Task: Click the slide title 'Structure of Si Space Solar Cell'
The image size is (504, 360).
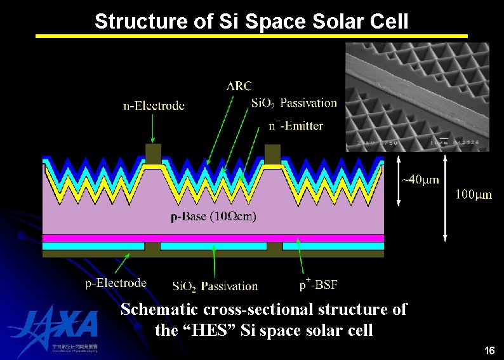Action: click(x=251, y=21)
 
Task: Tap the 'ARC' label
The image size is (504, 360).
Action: click(x=239, y=86)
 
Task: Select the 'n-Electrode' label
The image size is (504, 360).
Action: click(x=154, y=106)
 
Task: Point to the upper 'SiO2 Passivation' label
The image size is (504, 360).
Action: click(x=294, y=103)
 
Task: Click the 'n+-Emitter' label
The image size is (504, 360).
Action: click(x=296, y=126)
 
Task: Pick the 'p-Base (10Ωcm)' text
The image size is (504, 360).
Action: click(x=214, y=218)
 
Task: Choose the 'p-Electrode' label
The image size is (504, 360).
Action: click(x=116, y=283)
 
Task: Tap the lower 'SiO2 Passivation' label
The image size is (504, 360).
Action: click(x=215, y=286)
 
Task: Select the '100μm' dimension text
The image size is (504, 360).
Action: click(x=474, y=194)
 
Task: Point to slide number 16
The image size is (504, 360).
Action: click(x=489, y=350)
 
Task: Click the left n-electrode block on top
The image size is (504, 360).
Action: click(x=154, y=152)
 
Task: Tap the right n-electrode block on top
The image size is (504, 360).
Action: click(x=272, y=153)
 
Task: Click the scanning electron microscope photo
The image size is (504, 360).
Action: click(x=417, y=97)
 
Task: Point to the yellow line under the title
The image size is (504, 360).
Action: click(x=251, y=36)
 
